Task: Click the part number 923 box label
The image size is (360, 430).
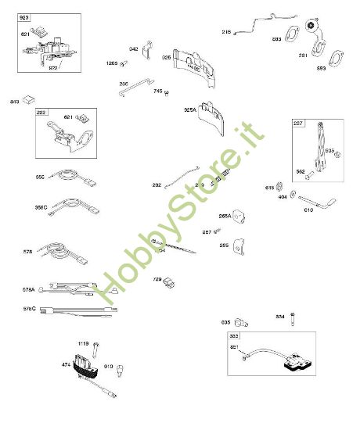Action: tap(23, 17)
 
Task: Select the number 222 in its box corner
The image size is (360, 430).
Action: tap(41, 113)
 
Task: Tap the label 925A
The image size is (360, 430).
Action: tap(189, 110)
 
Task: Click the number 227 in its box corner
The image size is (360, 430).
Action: tap(298, 123)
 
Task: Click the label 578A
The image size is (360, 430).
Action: tap(29, 290)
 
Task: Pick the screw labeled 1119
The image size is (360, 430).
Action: tap(96, 345)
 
